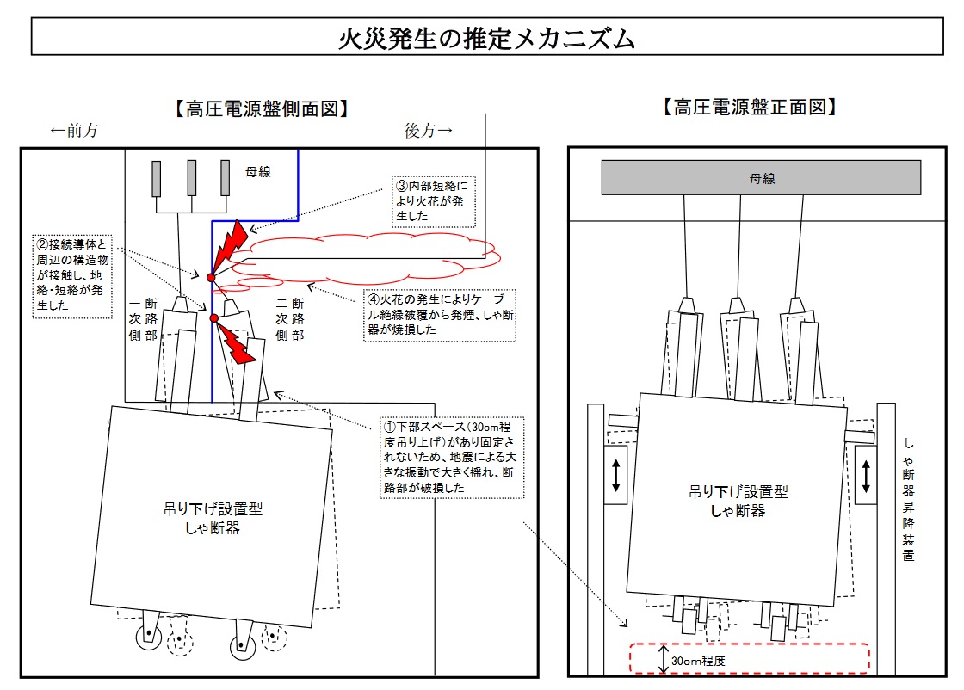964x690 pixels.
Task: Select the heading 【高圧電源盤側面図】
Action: (x=262, y=108)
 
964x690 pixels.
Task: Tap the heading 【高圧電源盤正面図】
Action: (x=750, y=107)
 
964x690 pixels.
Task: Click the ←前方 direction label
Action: (x=74, y=130)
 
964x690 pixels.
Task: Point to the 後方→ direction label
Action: (x=429, y=130)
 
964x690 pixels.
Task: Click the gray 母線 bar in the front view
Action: (x=761, y=177)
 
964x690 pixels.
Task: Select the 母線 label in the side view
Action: (x=258, y=171)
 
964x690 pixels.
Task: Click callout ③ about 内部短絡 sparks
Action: (x=434, y=201)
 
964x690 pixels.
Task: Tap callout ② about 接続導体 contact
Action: (x=72, y=275)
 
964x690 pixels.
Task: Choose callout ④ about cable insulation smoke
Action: (x=440, y=315)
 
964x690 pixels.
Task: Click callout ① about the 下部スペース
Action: (x=451, y=457)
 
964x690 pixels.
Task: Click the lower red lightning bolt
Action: (x=237, y=344)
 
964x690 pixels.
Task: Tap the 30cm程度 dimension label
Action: (x=698, y=661)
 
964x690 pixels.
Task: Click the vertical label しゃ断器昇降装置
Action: (x=909, y=499)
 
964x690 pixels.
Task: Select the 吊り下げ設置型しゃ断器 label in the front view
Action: (x=738, y=501)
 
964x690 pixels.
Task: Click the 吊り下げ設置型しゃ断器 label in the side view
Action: (x=213, y=518)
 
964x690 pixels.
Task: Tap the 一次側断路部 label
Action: (x=143, y=319)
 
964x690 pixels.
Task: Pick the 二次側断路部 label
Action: (x=290, y=319)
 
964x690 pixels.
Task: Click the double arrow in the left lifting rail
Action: (x=616, y=476)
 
